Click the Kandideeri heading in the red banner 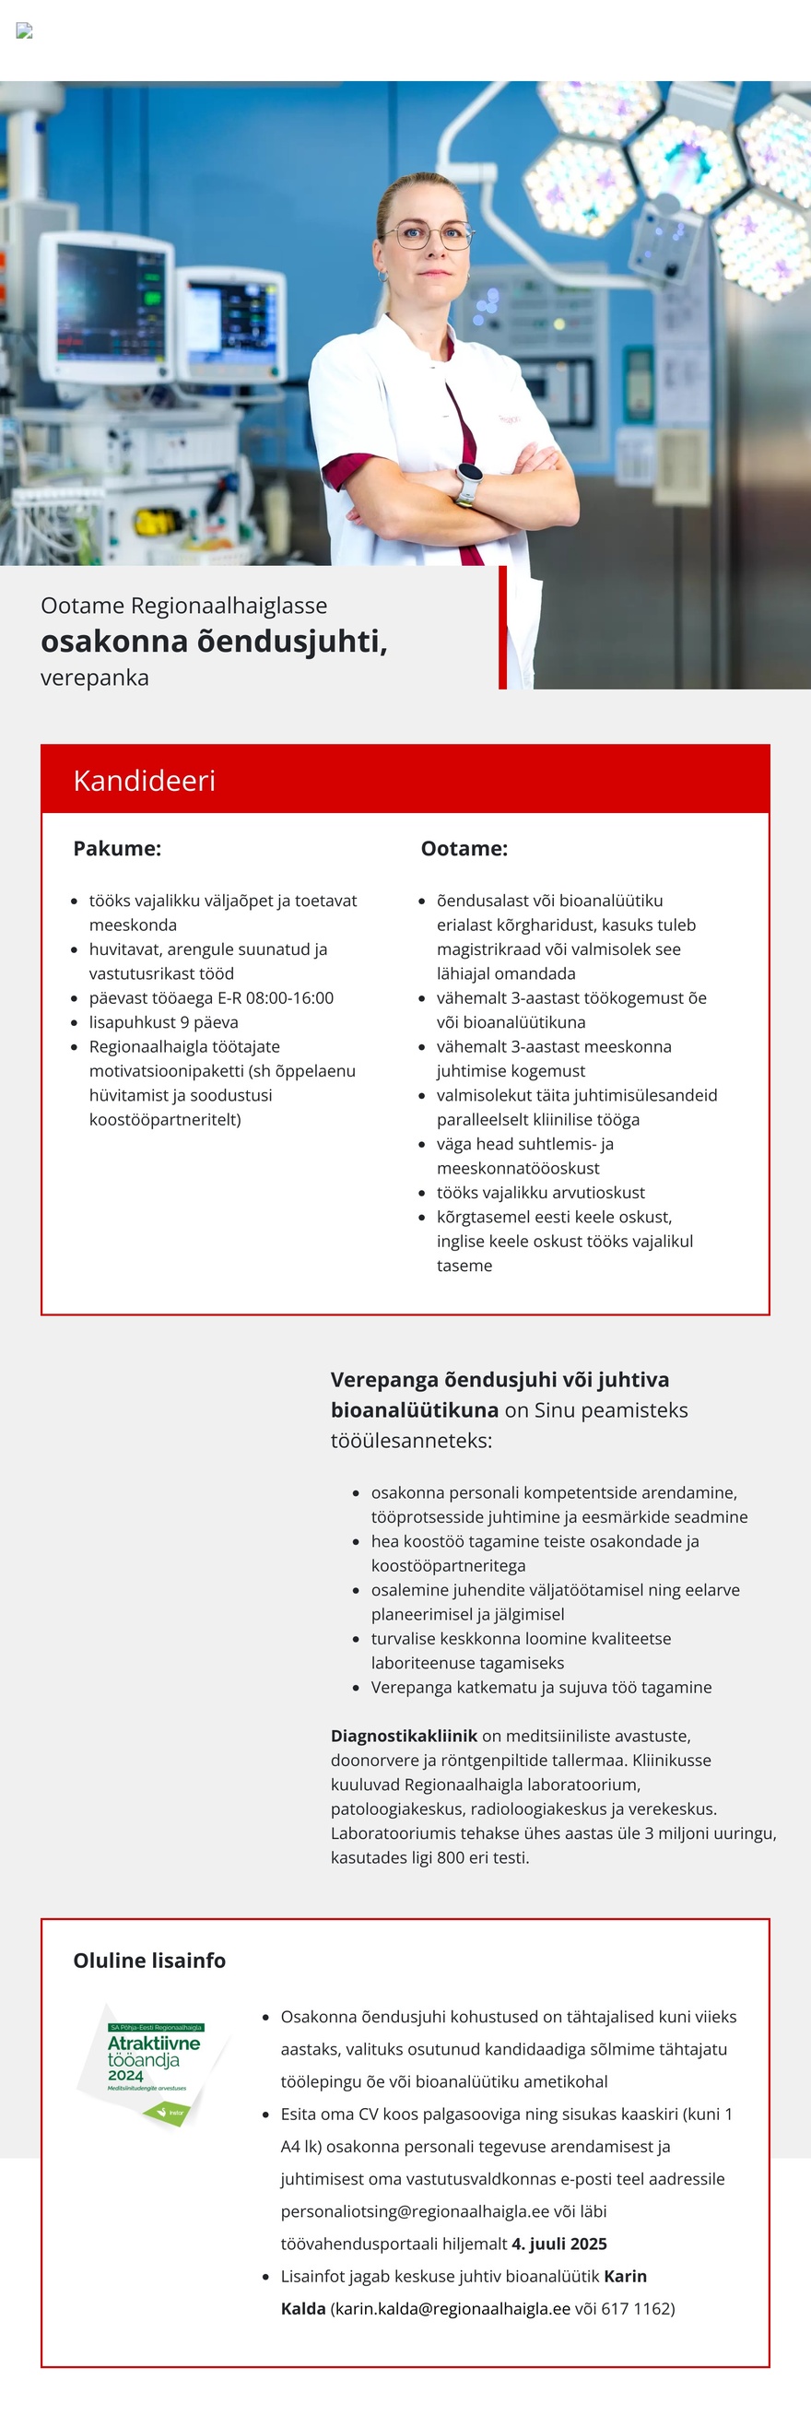coord(144,780)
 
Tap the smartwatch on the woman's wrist coord(469,483)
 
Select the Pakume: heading coord(117,848)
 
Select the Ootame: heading coord(464,848)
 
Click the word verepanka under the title coord(94,677)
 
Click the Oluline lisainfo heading coord(148,1961)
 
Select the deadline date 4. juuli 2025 coord(559,2244)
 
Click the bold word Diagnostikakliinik coord(404,1736)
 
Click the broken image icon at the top coord(25,30)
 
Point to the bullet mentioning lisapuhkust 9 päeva coord(163,1022)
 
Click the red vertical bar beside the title coord(502,627)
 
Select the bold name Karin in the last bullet coord(625,2276)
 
